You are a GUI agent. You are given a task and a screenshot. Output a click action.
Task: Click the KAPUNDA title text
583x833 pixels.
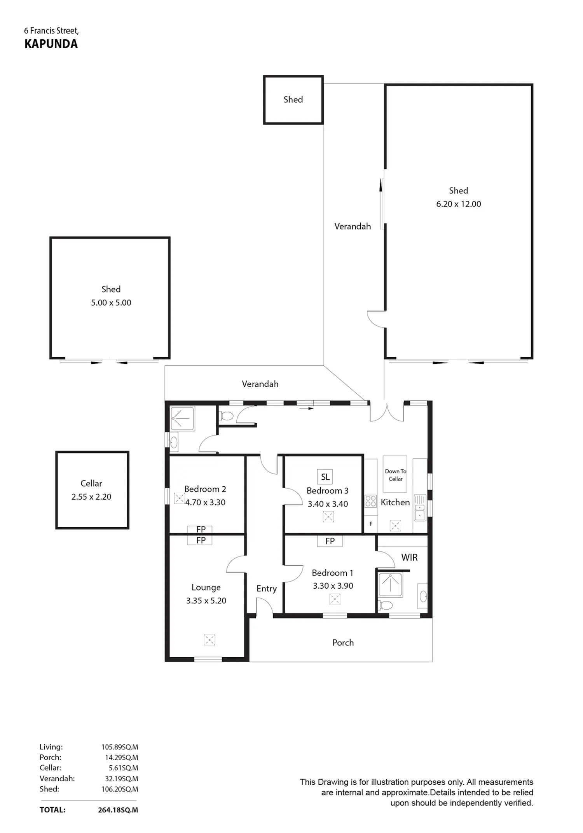(51, 44)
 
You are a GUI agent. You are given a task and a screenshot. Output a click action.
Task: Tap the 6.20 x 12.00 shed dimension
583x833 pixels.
(459, 204)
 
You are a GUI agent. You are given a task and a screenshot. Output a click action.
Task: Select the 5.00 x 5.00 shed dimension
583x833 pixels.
(111, 303)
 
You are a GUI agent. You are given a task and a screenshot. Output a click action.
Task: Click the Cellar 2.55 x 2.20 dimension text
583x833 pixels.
(91, 497)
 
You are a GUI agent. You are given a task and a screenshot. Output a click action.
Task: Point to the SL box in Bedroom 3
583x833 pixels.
(325, 477)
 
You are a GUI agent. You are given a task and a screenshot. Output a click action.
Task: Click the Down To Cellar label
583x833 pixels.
(396, 475)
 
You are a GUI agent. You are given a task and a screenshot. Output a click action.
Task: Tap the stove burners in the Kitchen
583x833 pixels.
(371, 501)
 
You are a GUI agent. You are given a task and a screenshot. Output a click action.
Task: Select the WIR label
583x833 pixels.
(409, 558)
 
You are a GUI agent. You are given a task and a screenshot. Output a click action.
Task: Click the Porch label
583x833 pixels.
(343, 643)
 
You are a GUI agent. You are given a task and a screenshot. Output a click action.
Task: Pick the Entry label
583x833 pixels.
(267, 589)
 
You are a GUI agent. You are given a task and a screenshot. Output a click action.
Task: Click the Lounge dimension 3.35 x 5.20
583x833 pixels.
(206, 601)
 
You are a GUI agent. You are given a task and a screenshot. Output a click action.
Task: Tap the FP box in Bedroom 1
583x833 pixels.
(330, 541)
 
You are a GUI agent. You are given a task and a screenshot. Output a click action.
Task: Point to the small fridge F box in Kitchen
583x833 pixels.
(371, 524)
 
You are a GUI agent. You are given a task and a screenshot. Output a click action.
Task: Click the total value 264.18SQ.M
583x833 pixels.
(118, 810)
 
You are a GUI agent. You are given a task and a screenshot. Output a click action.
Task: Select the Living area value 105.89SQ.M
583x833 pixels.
(120, 747)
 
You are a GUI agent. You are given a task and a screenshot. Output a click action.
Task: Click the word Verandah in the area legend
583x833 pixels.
(57, 779)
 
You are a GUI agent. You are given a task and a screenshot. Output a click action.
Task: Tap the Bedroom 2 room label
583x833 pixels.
(205, 489)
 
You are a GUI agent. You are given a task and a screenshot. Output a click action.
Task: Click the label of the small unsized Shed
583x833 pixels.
(293, 100)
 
